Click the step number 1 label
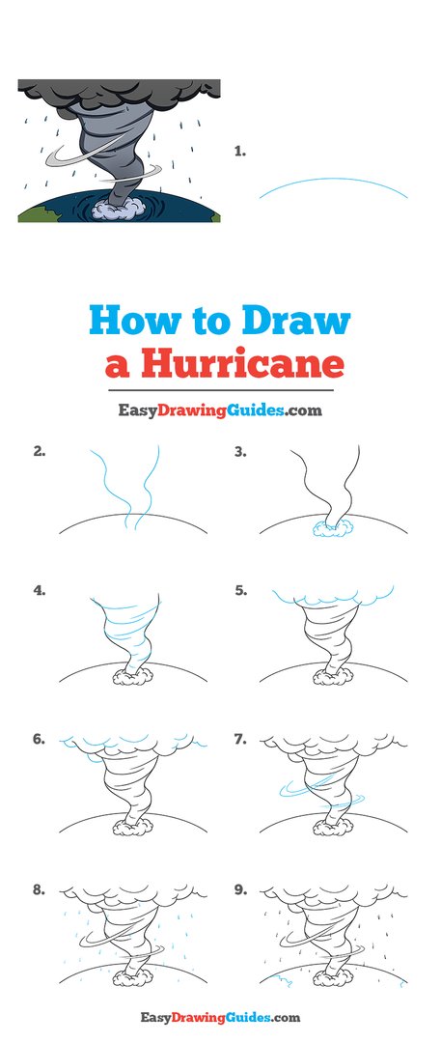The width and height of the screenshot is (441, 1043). (x=240, y=152)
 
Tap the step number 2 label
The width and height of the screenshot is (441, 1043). (x=40, y=451)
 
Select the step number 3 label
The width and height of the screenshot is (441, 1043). (x=240, y=451)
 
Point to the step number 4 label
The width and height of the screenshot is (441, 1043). (x=40, y=591)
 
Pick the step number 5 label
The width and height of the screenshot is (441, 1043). (x=241, y=591)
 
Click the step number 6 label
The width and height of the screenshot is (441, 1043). (x=40, y=739)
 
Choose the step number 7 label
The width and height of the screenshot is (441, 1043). (x=240, y=739)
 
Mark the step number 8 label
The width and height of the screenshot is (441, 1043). (x=40, y=889)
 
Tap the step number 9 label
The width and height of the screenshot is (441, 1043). (x=240, y=889)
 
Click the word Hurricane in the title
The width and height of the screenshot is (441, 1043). (x=241, y=365)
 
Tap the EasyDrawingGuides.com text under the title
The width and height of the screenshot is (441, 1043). (x=220, y=409)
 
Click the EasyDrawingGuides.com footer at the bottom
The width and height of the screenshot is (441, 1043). (x=220, y=1017)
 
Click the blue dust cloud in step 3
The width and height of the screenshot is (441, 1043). (x=334, y=526)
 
